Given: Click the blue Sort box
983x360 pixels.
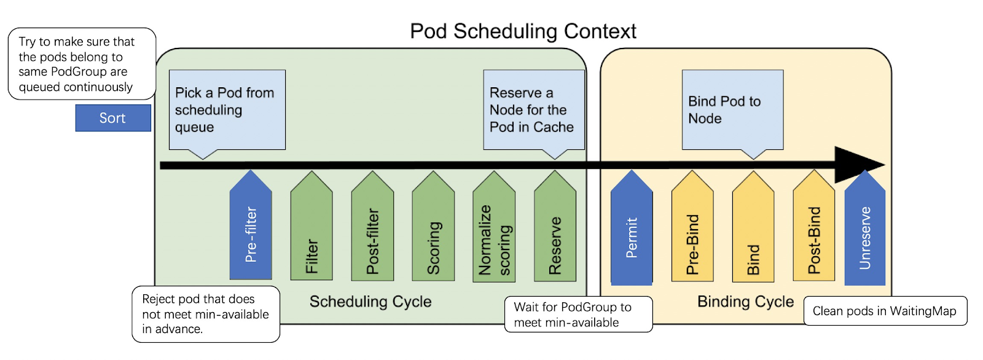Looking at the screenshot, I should point(113,118).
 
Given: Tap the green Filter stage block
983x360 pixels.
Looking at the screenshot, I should point(311,230).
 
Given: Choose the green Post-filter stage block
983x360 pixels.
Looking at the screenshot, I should point(372,230).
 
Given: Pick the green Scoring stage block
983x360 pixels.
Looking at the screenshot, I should point(433,230).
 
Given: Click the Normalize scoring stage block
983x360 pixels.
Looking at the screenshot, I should point(494,230).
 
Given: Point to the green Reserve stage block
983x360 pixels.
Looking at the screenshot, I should point(555,230).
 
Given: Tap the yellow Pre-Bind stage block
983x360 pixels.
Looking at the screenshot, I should point(692,230).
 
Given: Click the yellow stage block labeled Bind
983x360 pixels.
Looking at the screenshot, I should point(753,230).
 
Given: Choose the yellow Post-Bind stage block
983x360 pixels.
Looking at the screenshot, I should point(814,230).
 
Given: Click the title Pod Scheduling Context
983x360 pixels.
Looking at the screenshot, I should point(523,31).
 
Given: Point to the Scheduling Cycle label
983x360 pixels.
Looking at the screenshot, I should point(370,302).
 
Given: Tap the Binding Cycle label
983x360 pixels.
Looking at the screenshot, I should point(745,302).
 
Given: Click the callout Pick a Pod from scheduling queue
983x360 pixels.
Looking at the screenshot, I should point(227,109).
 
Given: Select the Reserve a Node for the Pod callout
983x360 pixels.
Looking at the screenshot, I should point(533,109).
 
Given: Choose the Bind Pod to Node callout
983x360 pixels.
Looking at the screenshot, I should point(732,109).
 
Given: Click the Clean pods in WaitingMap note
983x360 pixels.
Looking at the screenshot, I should point(885,311).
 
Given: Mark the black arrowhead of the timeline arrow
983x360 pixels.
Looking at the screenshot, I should point(857,165).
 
